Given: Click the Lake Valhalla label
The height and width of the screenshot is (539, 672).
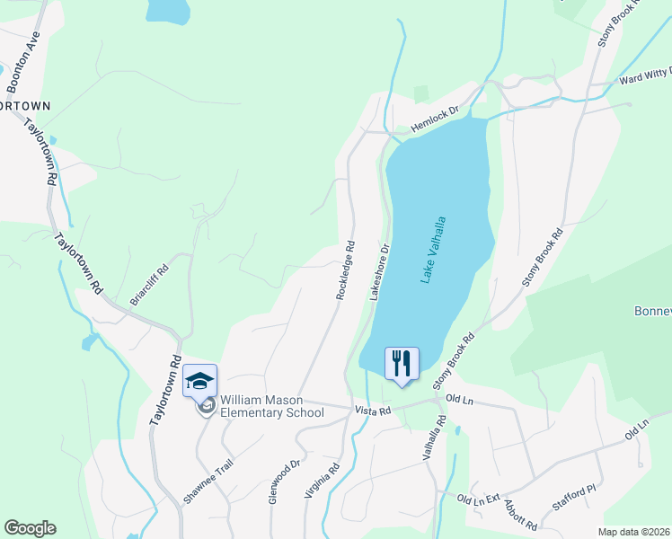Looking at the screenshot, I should [433, 250].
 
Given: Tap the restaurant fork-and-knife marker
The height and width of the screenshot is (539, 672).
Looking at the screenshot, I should [401, 364].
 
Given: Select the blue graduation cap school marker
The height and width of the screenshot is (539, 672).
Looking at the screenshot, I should [199, 380].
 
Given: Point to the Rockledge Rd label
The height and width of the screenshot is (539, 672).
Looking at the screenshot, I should [346, 269].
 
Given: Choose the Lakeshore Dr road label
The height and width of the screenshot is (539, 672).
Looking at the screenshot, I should [380, 272].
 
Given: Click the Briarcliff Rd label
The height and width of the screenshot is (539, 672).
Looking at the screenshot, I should [149, 285].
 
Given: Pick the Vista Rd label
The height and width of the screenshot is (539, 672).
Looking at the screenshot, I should [373, 411].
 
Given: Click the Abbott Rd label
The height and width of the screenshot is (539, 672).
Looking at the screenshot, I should [520, 515].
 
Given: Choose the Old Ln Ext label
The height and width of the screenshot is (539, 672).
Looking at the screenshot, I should [477, 498].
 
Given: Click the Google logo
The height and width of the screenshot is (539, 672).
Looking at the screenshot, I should [30, 528].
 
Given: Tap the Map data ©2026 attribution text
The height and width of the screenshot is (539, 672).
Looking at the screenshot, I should [634, 532].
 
